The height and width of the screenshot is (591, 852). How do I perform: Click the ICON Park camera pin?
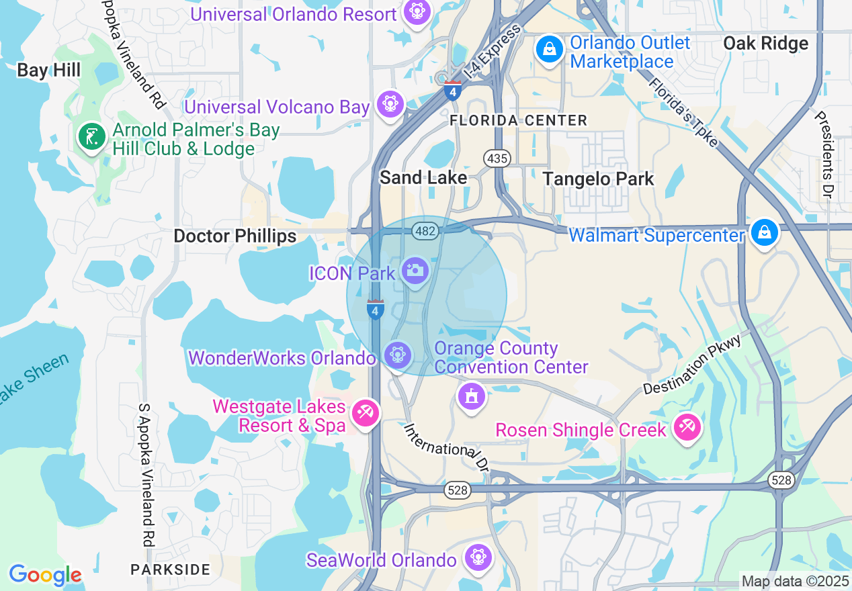415,271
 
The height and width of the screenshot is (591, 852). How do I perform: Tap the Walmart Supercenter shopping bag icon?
764,232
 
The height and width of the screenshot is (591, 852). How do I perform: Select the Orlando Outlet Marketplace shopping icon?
549,48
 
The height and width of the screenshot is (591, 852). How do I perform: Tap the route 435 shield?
497,158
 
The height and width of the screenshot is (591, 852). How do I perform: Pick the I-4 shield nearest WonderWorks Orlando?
376,310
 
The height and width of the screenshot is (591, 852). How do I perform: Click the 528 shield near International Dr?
456,491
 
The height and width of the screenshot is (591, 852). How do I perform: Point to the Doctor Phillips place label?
235,236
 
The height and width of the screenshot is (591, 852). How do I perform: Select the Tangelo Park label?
598,179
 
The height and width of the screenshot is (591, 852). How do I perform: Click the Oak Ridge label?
765,44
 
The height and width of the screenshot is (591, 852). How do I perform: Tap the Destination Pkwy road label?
692,365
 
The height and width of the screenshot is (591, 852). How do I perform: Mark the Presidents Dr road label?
823,154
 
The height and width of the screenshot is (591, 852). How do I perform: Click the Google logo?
45,575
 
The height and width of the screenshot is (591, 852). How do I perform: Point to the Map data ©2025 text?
795,581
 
